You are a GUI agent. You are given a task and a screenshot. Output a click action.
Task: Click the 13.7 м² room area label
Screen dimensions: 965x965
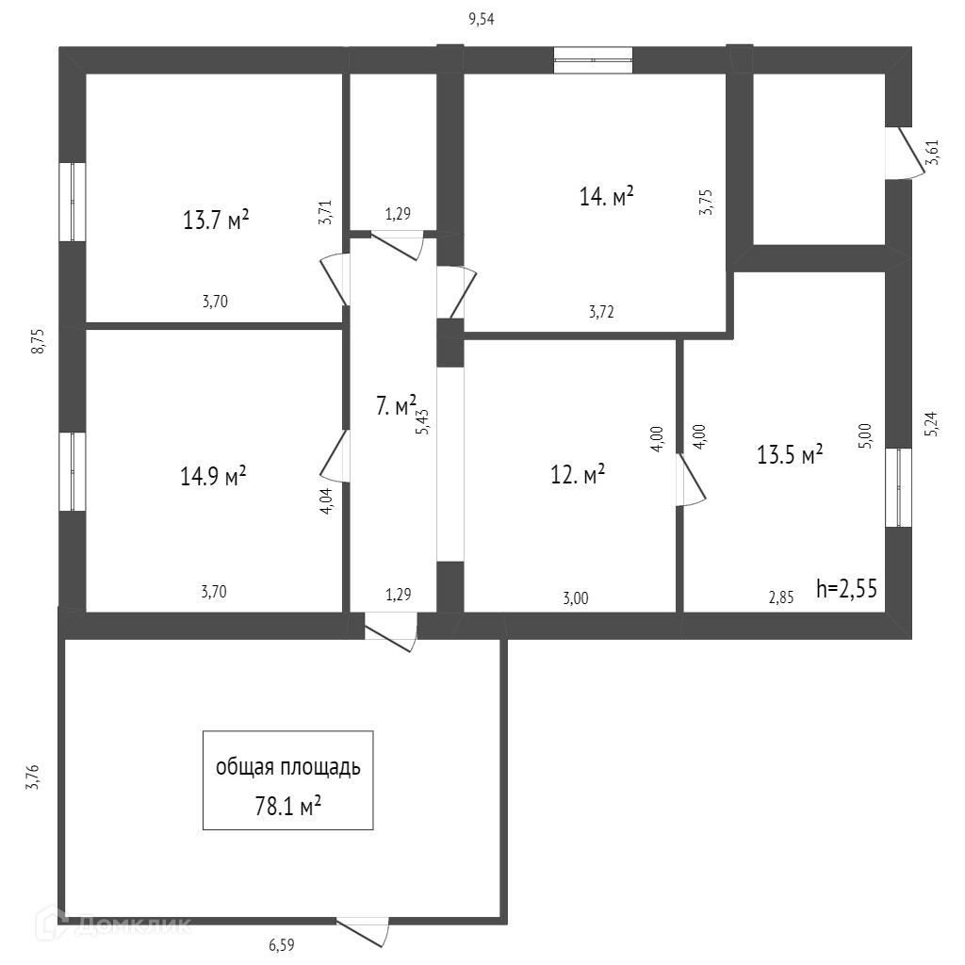pos(216,221)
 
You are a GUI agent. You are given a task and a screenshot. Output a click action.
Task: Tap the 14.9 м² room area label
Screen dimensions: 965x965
pos(213,476)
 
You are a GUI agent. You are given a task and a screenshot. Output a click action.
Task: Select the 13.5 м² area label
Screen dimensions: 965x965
pos(790,455)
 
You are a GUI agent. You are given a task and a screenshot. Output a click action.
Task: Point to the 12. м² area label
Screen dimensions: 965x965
pos(578,475)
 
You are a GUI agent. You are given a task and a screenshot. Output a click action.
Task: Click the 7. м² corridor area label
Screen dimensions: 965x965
pos(396,407)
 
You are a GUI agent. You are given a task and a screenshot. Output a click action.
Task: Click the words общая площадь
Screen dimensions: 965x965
pos(287,767)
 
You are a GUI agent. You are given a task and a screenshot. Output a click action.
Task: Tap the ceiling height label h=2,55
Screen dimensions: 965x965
pos(847,590)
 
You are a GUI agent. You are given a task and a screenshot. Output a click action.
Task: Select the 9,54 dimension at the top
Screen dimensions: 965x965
pos(482,18)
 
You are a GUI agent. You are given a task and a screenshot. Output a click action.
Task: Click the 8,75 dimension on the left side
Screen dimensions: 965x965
pos(39,340)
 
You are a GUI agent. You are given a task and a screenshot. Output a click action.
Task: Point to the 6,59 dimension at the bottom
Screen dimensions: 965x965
pos(288,942)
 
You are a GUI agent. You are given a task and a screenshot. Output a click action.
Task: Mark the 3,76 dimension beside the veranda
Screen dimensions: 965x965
pos(31,777)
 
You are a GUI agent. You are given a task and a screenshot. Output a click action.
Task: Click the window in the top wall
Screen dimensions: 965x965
pos(593,59)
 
